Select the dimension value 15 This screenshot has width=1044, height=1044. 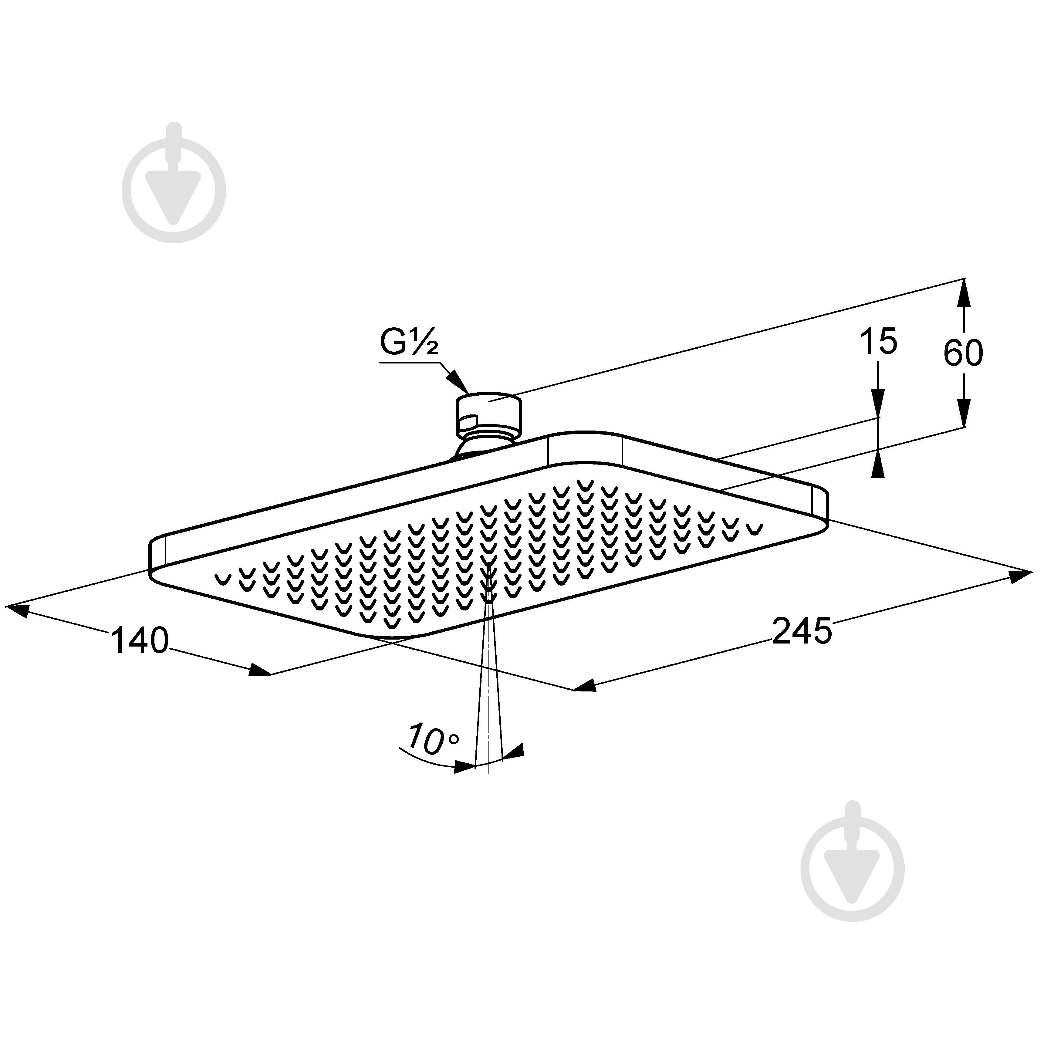878,342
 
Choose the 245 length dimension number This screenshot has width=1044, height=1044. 802,630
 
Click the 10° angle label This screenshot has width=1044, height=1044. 433,740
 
